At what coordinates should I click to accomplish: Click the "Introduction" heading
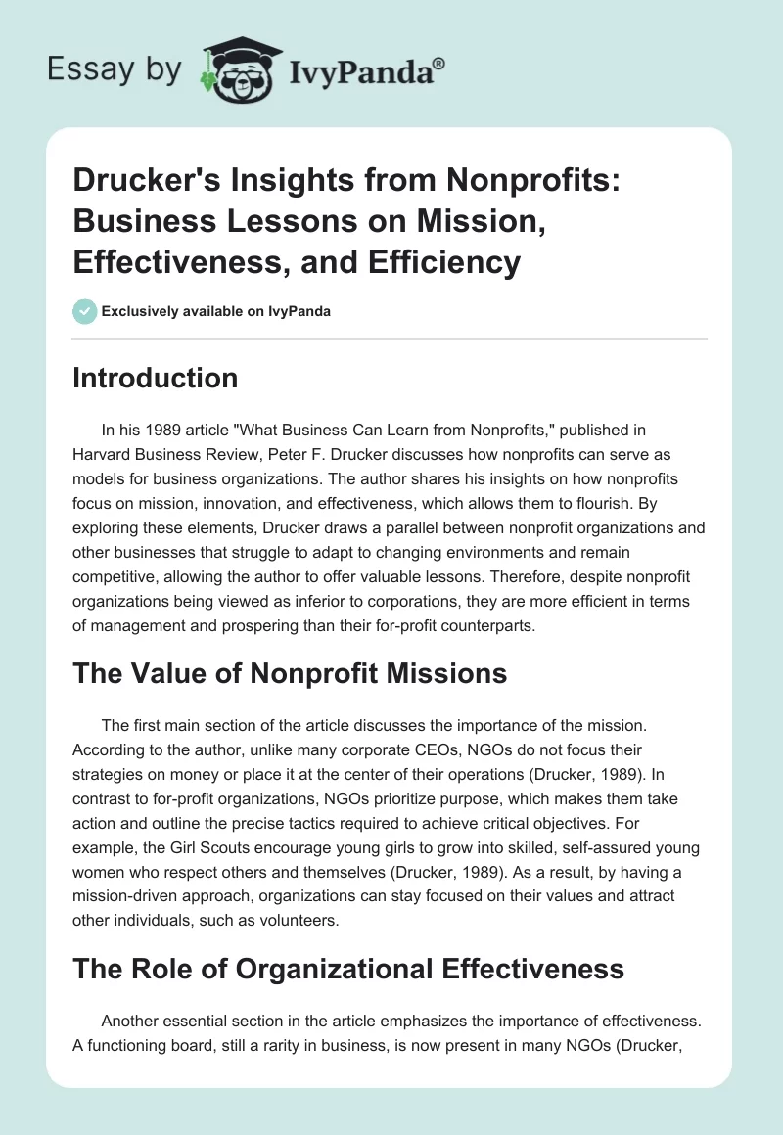pos(155,378)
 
